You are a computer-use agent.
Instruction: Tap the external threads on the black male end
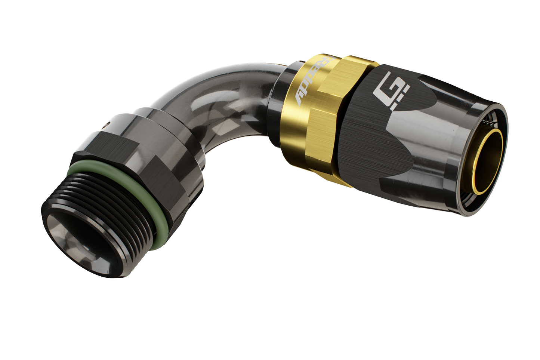coord(112,209)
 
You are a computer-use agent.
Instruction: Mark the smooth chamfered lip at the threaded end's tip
coord(56,232)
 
